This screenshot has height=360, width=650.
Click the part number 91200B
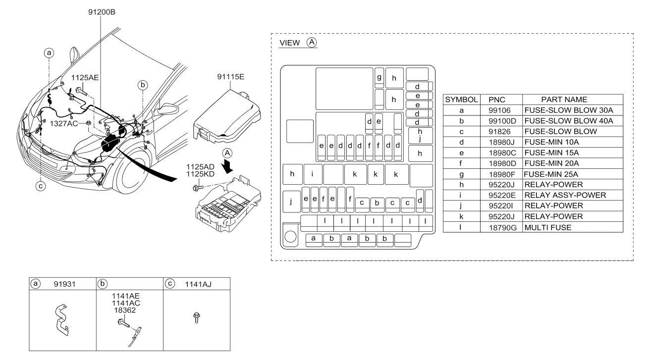pyautogui.click(x=102, y=12)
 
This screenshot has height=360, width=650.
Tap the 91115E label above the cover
pyautogui.click(x=231, y=77)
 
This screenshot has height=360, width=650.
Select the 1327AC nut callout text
pyautogui.click(x=64, y=124)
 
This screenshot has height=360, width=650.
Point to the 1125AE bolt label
pyautogui.click(x=85, y=78)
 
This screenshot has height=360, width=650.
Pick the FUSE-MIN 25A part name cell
pyautogui.click(x=551, y=174)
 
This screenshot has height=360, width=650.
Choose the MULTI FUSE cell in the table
pyautogui.click(x=548, y=227)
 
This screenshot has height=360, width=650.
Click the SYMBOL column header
pyautogui.click(x=461, y=100)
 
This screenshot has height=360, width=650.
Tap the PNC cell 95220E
pyautogui.click(x=502, y=195)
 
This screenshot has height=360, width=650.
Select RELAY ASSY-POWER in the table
pyautogui.click(x=565, y=195)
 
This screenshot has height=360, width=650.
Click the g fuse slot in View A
pyautogui.click(x=379, y=78)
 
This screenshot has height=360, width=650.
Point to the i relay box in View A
pyautogui.click(x=313, y=174)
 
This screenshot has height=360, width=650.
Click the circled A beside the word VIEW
pyautogui.click(x=312, y=43)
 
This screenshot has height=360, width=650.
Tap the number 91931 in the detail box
pyautogui.click(x=64, y=284)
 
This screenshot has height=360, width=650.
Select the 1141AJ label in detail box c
pyautogui.click(x=198, y=284)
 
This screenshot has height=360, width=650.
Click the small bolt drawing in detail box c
pyautogui.click(x=197, y=317)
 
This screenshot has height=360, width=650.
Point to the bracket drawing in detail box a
pyautogui.click(x=62, y=320)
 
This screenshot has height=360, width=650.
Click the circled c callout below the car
pyautogui.click(x=41, y=186)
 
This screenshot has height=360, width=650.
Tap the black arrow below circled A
pyautogui.click(x=227, y=167)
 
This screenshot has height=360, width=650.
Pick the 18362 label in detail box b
pyautogui.click(x=125, y=310)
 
